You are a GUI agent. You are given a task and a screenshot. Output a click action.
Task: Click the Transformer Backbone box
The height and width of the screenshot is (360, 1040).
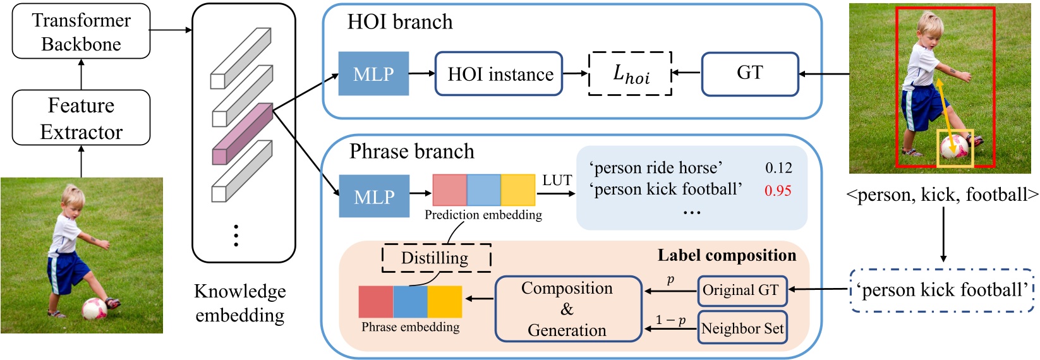click(x=81, y=32)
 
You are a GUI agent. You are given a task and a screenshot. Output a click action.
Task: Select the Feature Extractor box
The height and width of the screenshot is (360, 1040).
click(x=81, y=118)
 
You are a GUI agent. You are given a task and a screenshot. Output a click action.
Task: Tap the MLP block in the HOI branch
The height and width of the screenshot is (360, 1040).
click(x=373, y=74)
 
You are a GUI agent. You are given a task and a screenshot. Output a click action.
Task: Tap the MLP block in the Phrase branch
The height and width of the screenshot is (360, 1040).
click(x=374, y=197)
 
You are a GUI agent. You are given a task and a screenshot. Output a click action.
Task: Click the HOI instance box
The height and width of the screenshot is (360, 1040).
click(x=499, y=74)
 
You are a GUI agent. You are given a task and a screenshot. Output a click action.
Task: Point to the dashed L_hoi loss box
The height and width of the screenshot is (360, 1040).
click(x=630, y=74)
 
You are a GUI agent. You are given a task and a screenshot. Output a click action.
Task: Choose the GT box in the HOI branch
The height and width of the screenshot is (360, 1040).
click(x=750, y=74)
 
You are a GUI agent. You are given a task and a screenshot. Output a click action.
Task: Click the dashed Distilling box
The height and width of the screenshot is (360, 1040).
click(x=436, y=258)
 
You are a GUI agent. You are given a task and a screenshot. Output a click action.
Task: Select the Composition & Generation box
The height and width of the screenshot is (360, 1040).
click(x=567, y=309)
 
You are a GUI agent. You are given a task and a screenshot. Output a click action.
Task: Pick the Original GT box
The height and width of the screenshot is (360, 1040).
click(x=742, y=291)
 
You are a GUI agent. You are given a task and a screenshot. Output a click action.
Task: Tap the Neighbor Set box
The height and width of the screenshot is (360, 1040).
click(x=742, y=328)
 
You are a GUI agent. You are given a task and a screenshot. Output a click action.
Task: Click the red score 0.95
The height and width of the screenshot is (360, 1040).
click(x=778, y=191)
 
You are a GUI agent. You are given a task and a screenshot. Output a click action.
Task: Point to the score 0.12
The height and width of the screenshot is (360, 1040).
click(x=778, y=168)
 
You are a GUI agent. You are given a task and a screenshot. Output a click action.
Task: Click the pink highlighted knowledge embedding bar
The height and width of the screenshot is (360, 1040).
click(x=242, y=134)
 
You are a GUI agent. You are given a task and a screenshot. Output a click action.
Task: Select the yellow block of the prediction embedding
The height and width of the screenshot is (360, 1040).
click(x=518, y=190)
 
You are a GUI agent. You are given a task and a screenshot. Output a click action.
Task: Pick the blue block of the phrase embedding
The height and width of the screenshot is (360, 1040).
click(x=410, y=302)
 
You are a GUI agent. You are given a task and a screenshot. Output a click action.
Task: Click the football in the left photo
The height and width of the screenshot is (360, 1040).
click(x=95, y=308)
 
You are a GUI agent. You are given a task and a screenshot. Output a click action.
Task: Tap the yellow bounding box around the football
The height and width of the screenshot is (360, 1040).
click(x=955, y=148)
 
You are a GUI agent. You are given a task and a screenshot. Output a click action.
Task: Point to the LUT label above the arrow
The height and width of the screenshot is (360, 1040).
click(x=557, y=181)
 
